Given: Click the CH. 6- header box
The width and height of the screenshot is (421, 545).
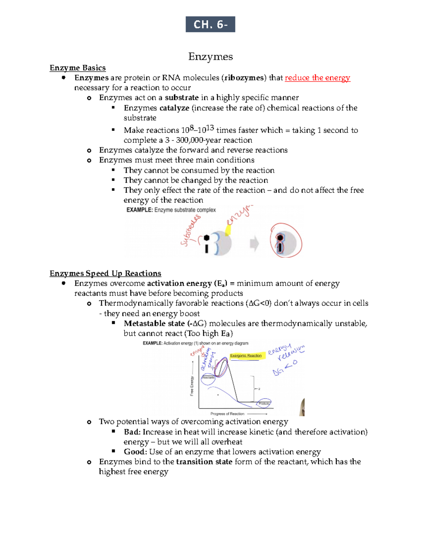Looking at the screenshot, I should [210, 24].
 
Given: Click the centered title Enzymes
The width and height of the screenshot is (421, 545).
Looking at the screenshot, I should [210, 57].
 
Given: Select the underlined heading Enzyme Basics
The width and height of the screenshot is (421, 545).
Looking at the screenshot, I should [78, 68].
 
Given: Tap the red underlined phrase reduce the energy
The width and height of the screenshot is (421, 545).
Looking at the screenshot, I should [317, 78].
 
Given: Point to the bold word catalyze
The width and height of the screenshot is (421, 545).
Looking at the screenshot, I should [174, 108].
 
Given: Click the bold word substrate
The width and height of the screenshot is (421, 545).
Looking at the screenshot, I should [182, 98].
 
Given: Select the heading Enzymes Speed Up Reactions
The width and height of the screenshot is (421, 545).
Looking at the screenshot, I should [105, 273].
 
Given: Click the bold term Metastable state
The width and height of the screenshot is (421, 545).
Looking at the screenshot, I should [154, 323].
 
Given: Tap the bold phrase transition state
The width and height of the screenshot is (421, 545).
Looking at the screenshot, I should [204, 461].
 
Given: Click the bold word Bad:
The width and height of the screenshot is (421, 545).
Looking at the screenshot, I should [132, 432].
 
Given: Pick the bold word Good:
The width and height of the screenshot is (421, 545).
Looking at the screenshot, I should [135, 452].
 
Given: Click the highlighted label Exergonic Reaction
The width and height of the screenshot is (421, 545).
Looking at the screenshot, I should [246, 355].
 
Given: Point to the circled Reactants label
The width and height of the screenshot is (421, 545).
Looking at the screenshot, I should [208, 378].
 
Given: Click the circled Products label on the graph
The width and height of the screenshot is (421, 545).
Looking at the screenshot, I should [264, 404].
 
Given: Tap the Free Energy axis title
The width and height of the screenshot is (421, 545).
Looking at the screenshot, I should [192, 386].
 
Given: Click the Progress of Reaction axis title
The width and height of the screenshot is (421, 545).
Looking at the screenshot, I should [227, 414].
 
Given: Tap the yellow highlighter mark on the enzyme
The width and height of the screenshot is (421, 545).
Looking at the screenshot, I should [228, 230].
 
